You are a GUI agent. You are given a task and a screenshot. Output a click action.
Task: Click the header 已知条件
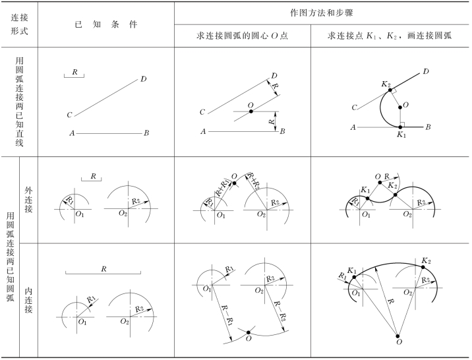[106, 24]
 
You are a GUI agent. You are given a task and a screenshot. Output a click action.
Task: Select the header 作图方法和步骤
[322, 13]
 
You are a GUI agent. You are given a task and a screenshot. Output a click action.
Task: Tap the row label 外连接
[28, 200]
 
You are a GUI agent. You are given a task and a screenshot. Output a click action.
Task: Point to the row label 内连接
[28, 300]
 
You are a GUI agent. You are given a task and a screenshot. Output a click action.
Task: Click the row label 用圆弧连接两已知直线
[19, 102]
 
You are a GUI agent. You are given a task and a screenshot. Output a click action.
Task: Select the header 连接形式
[20, 24]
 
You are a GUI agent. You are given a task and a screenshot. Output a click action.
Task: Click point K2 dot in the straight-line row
[390, 90]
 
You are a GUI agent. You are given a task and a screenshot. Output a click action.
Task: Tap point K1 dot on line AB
[400, 127]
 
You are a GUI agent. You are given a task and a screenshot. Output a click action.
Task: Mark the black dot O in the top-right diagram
[400, 107]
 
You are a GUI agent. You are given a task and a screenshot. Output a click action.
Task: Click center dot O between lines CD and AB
[251, 111]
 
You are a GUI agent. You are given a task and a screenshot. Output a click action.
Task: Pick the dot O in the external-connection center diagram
[234, 183]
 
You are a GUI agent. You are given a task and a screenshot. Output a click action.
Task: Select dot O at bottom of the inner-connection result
[398, 336]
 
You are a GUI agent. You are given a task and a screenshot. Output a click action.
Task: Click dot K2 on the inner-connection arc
[423, 267]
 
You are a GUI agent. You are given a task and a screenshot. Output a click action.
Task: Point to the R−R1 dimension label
[226, 315]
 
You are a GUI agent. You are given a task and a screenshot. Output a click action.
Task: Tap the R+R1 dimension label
[222, 188]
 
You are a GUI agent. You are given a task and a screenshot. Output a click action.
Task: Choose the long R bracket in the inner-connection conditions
[103, 272]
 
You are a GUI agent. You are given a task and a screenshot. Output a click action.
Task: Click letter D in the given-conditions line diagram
[144, 79]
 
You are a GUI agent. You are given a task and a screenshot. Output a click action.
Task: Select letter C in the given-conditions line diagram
[69, 115]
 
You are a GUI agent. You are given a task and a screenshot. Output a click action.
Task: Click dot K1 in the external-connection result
[367, 198]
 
